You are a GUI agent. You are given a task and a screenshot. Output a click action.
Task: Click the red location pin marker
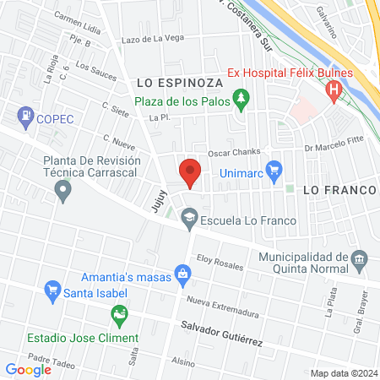click(190, 172)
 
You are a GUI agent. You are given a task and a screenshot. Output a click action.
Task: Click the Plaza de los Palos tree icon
click(242, 100)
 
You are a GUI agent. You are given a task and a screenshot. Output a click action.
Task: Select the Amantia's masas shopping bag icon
click(181, 274)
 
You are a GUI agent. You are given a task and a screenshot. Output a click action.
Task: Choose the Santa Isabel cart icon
click(52, 293)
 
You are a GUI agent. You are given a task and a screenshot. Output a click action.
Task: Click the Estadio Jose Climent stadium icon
click(119, 318)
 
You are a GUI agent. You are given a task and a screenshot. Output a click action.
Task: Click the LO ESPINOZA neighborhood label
click(177, 83)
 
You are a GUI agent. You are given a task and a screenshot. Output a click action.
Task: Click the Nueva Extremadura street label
click(220, 302)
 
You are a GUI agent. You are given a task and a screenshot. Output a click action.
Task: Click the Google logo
click(28, 369)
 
